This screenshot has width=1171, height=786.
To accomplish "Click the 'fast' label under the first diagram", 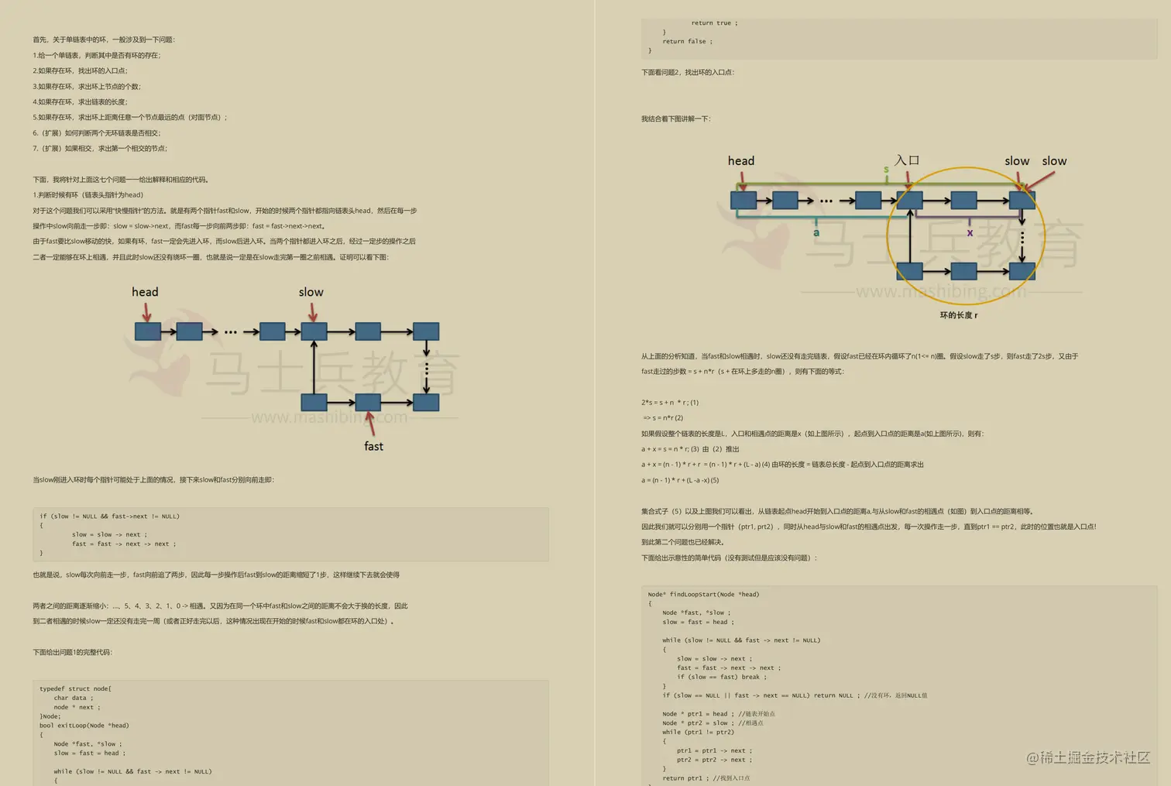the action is [373, 446].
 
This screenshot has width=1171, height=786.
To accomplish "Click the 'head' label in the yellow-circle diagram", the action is [741, 161].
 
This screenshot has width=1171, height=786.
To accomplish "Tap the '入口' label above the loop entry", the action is [907, 160].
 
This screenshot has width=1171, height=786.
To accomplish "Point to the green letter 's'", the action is [886, 170].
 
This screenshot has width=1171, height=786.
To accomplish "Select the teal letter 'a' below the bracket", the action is [816, 232].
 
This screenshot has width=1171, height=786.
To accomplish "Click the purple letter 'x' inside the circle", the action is [970, 232].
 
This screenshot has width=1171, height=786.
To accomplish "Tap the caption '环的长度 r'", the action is [959, 315].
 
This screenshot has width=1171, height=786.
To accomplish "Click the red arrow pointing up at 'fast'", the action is [370, 423].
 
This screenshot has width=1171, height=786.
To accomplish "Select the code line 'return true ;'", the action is [714, 23].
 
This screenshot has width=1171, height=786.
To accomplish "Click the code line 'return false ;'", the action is [687, 42].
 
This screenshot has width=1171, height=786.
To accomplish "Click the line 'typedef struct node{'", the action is [75, 688].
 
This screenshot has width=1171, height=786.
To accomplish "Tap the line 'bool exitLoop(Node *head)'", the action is [84, 726].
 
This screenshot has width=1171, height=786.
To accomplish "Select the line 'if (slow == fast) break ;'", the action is [721, 677].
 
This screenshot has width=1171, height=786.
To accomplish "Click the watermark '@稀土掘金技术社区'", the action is [1087, 757].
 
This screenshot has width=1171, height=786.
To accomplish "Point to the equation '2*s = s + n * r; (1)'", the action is [669, 403].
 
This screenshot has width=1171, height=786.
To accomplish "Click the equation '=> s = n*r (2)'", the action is [663, 418].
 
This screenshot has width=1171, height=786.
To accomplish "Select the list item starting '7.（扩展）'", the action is [100, 149].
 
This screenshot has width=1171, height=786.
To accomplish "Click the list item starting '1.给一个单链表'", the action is [97, 56].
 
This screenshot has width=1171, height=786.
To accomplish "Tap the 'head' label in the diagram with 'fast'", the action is [145, 292].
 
